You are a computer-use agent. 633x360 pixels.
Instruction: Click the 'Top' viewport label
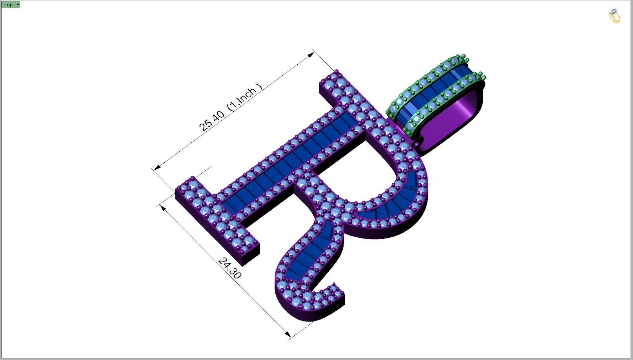8,5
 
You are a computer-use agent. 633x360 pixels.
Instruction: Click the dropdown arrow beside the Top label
18,5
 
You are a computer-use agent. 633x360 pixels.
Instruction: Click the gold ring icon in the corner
614,16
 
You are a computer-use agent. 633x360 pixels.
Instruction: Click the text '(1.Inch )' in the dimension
246,96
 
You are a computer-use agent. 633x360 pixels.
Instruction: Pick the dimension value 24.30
229,268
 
